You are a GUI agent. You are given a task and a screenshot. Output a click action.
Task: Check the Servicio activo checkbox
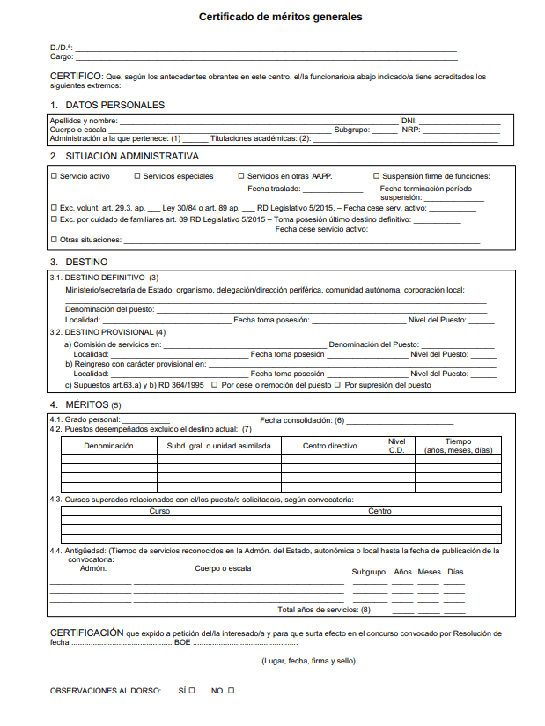pos(55,176)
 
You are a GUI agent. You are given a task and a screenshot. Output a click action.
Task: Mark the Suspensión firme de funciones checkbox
pos(376,176)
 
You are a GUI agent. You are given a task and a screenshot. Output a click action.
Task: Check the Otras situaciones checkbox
pos(55,240)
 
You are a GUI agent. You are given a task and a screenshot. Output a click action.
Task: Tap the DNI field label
pos(409,121)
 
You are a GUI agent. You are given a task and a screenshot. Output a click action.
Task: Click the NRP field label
pos(410,130)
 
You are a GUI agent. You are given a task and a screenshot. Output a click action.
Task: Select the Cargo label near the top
pos(61,56)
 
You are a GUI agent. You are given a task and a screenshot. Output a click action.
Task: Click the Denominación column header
pos(108,446)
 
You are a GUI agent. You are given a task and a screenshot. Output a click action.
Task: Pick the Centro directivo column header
pos(330,446)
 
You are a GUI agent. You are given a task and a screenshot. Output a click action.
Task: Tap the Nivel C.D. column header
pos(396,446)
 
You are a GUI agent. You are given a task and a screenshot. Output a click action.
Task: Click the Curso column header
pos(160,511)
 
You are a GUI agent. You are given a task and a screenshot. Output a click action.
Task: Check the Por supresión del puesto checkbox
pos(340,385)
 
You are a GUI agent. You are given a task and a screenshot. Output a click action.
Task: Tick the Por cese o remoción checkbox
pos(217,385)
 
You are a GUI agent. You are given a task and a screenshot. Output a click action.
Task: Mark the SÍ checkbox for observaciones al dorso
pos(192,691)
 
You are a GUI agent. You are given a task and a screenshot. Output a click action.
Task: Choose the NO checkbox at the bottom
pos(232,691)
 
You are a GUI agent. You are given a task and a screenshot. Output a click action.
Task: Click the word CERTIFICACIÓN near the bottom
pos(87,633)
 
